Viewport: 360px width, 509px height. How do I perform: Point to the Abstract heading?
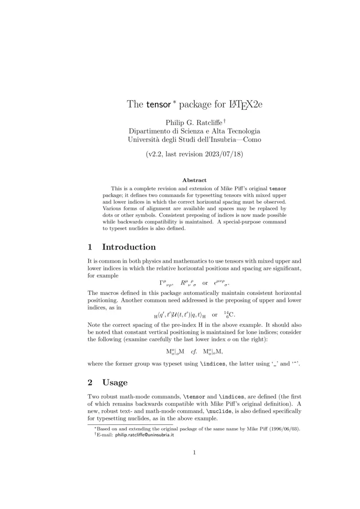click(194, 180)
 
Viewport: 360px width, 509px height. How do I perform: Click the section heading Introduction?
click(129, 247)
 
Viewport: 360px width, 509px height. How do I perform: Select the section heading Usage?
click(115, 383)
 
